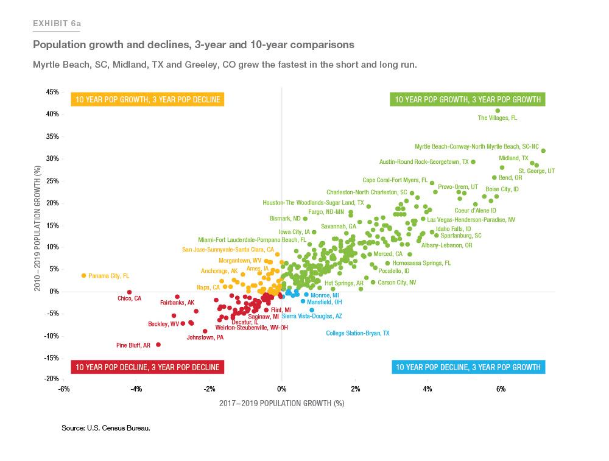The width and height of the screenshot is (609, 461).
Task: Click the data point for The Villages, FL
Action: [x=498, y=111]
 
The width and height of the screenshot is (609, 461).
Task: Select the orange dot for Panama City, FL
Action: [x=84, y=276]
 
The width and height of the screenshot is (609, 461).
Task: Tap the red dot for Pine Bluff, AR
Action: [x=158, y=345]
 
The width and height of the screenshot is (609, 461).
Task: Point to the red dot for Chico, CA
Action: [x=129, y=292]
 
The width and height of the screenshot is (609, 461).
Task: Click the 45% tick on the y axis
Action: [x=51, y=93]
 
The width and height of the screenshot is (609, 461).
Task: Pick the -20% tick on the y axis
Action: [x=51, y=379]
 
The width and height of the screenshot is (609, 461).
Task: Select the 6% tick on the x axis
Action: [x=501, y=389]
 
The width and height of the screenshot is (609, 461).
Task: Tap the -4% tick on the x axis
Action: [x=136, y=389]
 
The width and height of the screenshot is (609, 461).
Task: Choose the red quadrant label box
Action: [x=146, y=367]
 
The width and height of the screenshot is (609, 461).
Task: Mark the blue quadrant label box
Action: [x=468, y=367]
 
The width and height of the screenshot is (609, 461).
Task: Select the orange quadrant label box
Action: [x=146, y=99]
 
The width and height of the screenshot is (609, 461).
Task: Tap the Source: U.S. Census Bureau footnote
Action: [x=105, y=428]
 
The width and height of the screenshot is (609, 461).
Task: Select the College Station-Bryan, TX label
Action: [x=357, y=333]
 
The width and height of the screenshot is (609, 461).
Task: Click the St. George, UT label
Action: [x=536, y=171]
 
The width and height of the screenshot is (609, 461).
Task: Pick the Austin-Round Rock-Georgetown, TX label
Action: [x=424, y=162]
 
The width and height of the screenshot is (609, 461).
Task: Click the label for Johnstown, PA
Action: [x=205, y=337]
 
